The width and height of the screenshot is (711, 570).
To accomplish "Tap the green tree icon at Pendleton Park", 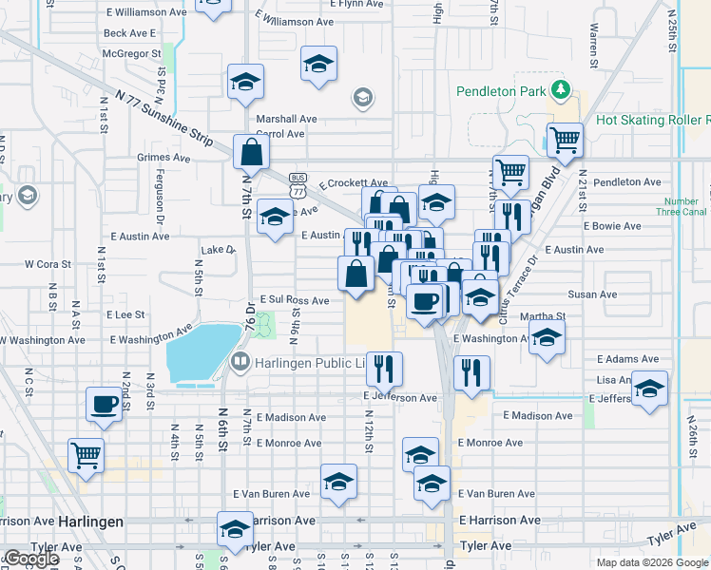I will coord(562,90).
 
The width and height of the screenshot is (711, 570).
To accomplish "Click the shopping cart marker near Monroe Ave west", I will coord(86,454).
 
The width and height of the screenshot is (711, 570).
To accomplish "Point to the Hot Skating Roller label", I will coord(653,121).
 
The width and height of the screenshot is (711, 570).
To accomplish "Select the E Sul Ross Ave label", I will coord(294,300).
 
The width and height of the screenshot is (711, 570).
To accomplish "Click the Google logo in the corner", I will coord(31,559).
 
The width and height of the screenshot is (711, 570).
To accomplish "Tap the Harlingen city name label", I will coord(90,522).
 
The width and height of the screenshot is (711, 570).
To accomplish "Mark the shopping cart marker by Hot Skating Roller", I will coord(565,139).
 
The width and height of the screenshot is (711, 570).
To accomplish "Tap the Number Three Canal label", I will coord(682,206).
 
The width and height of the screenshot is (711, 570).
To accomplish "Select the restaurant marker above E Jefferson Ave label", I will coord(383,368).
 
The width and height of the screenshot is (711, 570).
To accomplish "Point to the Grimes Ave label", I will coord(163,157).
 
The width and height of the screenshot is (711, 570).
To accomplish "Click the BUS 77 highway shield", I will coord(298,180).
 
